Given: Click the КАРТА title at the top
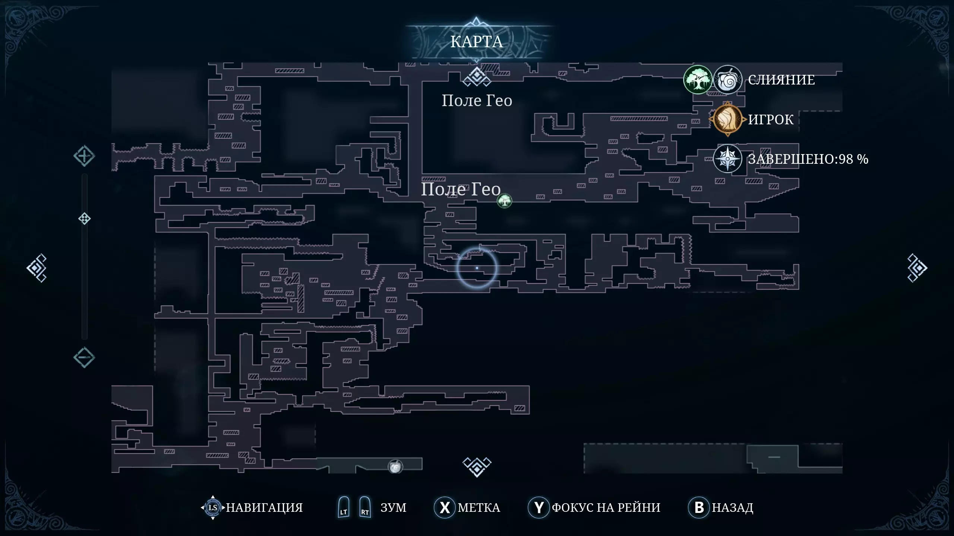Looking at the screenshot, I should click(x=477, y=42).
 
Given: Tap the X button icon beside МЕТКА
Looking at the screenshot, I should click(x=445, y=507).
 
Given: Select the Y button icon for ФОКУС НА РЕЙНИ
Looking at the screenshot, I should click(x=539, y=507).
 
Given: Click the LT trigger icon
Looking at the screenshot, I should click(x=344, y=507).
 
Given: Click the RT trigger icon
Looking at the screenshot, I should click(x=365, y=507).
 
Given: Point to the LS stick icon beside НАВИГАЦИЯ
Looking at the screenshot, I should click(x=213, y=507).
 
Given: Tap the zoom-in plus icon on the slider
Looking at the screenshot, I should click(x=84, y=156).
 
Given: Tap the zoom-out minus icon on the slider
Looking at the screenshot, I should click(x=84, y=358).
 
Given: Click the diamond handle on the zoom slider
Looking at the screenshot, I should click(x=85, y=218).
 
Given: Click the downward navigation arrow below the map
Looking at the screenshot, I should click(x=477, y=466).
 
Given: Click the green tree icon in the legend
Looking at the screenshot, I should click(x=698, y=80).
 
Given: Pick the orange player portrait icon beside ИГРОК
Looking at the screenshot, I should click(x=727, y=119).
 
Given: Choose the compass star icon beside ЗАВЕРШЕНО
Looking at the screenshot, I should click(x=727, y=159).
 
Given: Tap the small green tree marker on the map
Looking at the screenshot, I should click(x=505, y=201).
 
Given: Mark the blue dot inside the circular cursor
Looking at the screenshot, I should click(x=477, y=268).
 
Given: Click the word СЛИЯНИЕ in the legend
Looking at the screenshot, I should click(x=781, y=80).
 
